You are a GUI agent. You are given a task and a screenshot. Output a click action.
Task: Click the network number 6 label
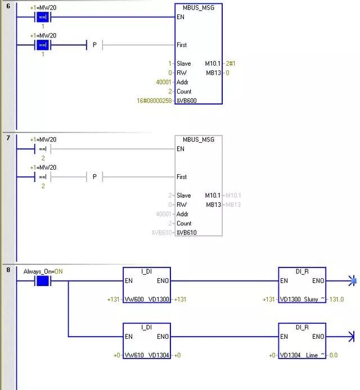8,6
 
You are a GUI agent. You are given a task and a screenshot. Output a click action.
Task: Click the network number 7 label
8,138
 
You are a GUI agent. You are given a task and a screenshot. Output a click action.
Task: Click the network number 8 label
8,270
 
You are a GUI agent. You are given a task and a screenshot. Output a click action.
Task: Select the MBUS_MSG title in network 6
199,7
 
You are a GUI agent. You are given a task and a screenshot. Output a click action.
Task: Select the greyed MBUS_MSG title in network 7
199,139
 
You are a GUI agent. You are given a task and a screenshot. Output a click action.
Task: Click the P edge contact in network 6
94,45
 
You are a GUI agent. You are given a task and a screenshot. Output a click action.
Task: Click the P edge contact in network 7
94,177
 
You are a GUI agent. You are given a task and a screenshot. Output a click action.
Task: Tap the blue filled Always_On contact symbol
43,280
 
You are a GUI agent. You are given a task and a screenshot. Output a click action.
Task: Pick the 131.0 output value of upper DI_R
336,300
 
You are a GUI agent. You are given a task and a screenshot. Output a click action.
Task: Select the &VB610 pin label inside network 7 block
186,233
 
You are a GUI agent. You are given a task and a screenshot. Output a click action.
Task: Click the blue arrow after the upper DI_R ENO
352,280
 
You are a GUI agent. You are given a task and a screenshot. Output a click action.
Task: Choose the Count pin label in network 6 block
184,91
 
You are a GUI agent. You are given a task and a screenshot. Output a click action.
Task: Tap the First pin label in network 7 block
182,177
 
